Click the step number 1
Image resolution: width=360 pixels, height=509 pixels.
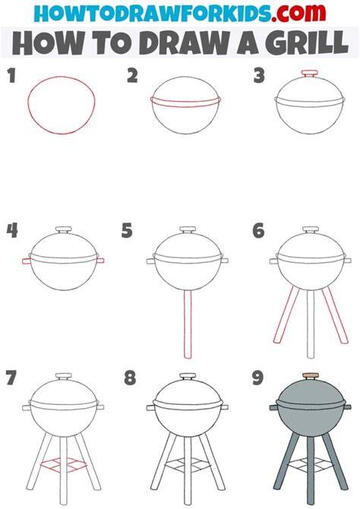coord(11,75)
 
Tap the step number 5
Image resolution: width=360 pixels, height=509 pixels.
coord(127,231)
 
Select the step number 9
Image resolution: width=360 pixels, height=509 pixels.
coord(257,378)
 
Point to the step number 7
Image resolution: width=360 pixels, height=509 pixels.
coord(11,378)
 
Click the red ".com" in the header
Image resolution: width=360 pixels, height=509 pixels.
coord(298,12)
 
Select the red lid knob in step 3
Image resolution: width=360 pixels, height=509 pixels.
coord(309,74)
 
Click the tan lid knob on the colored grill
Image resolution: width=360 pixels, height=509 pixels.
coord(311,376)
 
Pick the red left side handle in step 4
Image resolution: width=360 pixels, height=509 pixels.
coord(27,261)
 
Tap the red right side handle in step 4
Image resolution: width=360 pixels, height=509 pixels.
coord(100,261)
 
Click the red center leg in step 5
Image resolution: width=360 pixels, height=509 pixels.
coord(188,324)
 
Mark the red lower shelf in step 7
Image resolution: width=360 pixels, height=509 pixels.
coord(64,465)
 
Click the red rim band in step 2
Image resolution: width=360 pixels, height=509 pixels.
coord(185,102)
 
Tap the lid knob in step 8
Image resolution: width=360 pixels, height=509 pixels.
coord(188,377)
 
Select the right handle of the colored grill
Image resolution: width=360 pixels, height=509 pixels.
coord(347,406)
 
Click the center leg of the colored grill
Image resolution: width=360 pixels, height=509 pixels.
coord(311,470)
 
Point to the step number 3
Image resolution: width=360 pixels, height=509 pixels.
coord(259,75)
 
